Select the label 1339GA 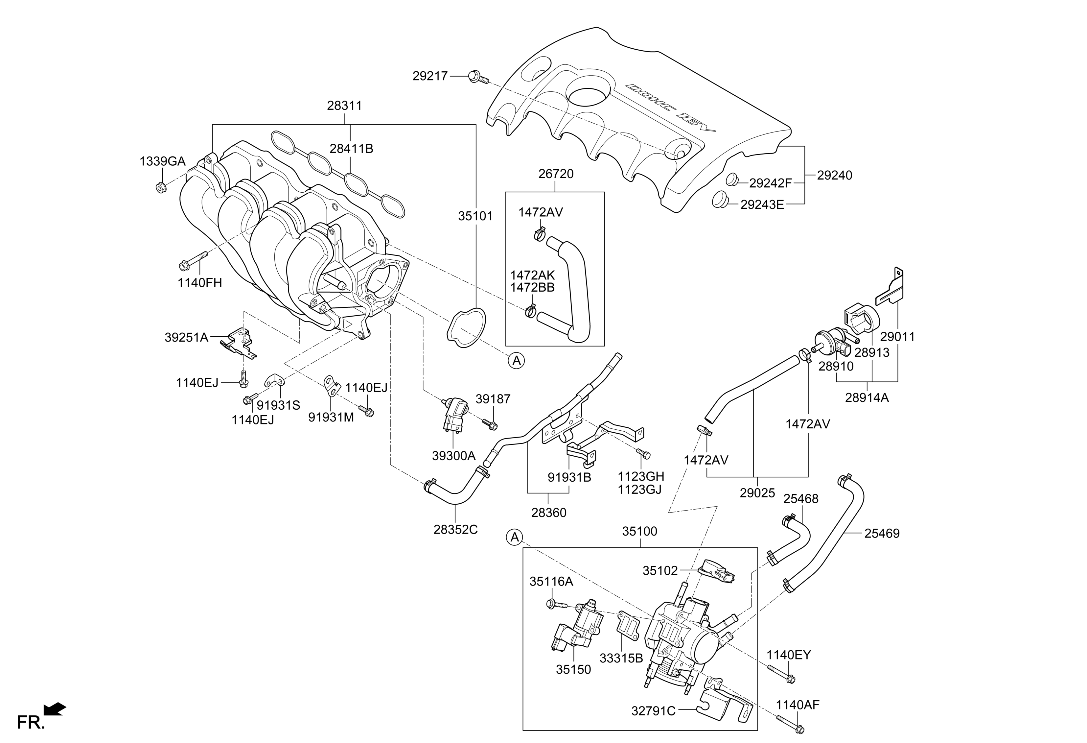click(162, 161)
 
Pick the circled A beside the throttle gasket click(516, 360)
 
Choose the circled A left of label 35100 click(515, 538)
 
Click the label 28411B click(351, 149)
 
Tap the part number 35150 click(573, 670)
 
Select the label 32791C click(654, 711)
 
